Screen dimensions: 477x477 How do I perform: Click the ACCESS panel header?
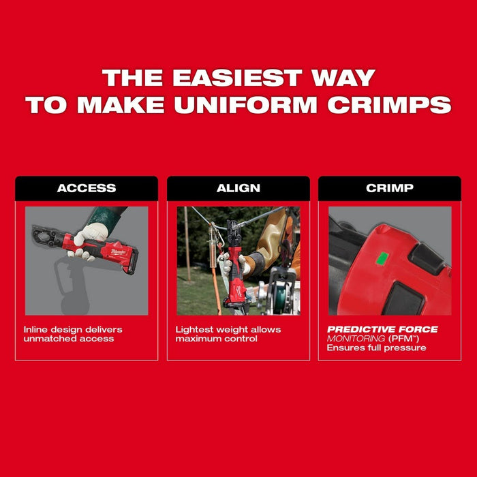(x=87, y=188)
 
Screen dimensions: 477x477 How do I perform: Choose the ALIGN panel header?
(x=238, y=188)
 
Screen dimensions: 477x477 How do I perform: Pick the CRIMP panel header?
(x=390, y=188)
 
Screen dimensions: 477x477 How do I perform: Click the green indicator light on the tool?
(x=382, y=258)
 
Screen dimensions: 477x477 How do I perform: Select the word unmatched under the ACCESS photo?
(x=50, y=339)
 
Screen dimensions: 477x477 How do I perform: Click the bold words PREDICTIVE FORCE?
(x=382, y=330)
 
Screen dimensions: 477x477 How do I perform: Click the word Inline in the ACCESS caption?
(x=35, y=330)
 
